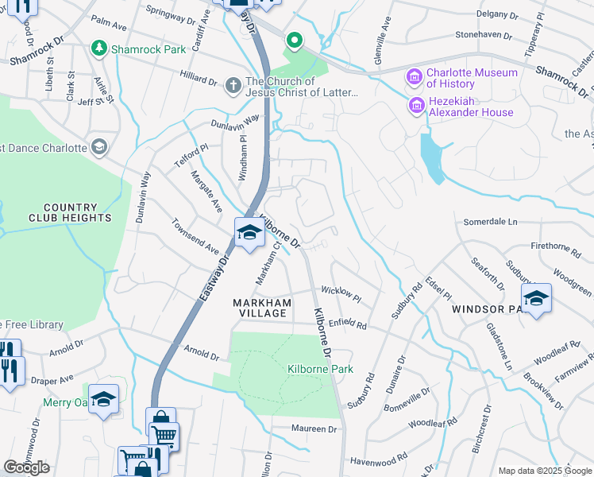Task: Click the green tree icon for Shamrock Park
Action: point(99,49)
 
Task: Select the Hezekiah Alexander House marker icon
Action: point(415,105)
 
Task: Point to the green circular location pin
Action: point(293,39)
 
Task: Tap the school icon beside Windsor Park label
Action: point(536,297)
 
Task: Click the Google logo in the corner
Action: point(26,467)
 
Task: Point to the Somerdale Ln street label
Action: point(490,221)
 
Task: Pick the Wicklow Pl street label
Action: point(341,294)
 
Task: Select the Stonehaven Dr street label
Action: point(485,35)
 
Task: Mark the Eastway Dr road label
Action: point(212,277)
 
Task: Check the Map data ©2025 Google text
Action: point(544,471)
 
